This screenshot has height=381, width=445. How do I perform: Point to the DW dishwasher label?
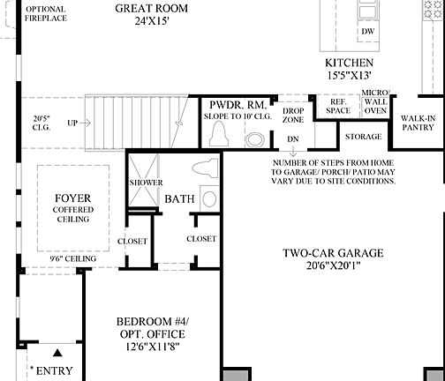pos(367,31)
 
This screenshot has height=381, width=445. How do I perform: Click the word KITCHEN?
pos(350,63)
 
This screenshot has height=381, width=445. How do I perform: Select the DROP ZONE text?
pos(292,114)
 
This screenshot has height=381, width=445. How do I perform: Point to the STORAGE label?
pos(364,137)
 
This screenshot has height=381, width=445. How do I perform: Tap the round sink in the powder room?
pos(254,138)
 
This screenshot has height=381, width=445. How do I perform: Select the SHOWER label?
pos(147,183)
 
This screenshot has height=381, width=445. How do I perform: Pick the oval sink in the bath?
pos(208,198)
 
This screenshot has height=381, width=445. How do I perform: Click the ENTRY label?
pos(54,371)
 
